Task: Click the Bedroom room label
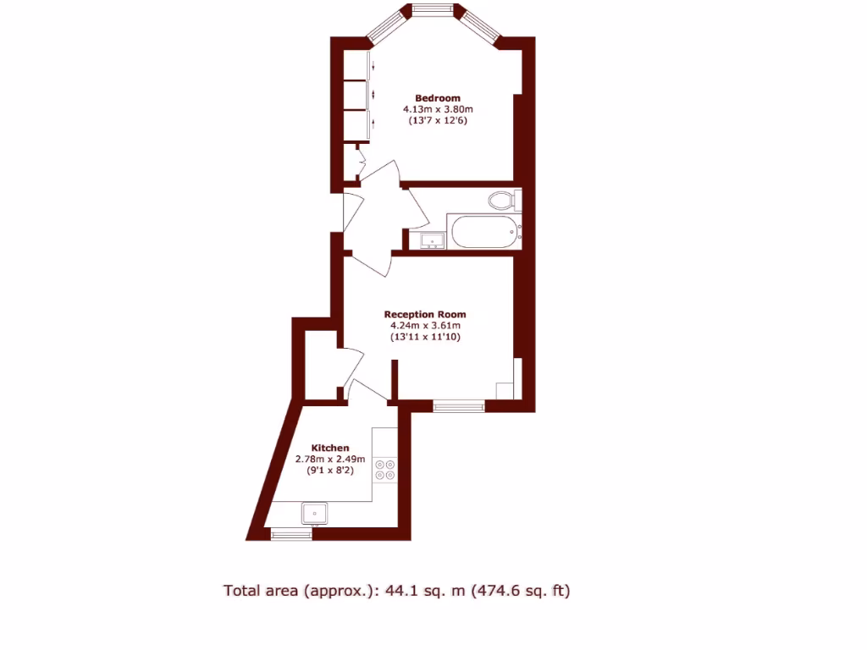pyautogui.click(x=437, y=97)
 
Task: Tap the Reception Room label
pyautogui.click(x=425, y=314)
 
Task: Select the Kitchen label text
pyautogui.click(x=329, y=448)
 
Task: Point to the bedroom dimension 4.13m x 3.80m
pyautogui.click(x=437, y=109)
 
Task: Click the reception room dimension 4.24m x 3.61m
pyautogui.click(x=425, y=326)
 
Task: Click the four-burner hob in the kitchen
pyautogui.click(x=385, y=470)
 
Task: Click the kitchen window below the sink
pyautogui.click(x=290, y=533)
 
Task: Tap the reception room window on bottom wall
pyautogui.click(x=459, y=406)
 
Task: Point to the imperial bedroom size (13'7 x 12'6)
pyautogui.click(x=437, y=121)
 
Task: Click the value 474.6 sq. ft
pyautogui.click(x=523, y=591)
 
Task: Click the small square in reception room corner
pyautogui.click(x=504, y=390)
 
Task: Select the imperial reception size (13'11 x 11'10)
pyautogui.click(x=425, y=338)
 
